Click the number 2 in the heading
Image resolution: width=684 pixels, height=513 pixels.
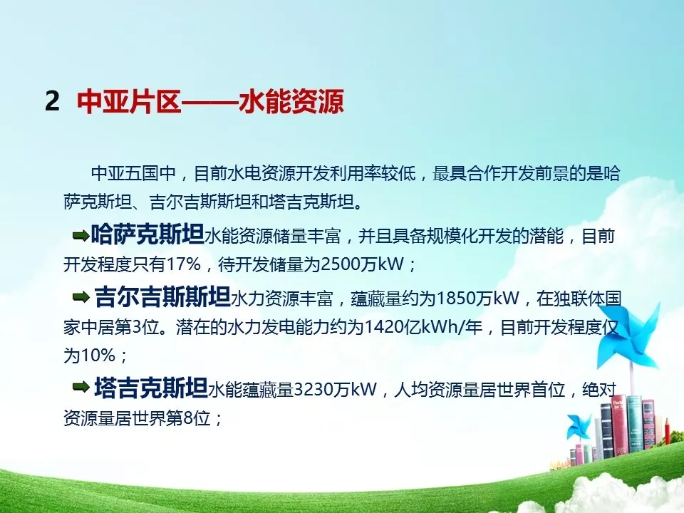pos(52,101)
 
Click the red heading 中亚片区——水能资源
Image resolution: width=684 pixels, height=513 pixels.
pos(210,101)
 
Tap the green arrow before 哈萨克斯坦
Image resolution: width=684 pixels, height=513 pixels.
pos(81,237)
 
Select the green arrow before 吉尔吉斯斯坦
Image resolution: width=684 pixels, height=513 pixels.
pos(81,298)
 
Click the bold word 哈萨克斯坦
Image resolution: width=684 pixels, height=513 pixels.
pos(147,234)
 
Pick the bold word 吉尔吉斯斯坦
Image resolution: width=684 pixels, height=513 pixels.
pos(162,296)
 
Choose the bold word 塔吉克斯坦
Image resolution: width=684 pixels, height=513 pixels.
pos(151,387)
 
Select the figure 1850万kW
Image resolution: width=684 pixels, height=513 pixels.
pos(477,299)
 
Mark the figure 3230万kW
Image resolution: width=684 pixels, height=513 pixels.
pos(335,389)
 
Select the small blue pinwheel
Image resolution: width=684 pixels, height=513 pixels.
pos(579,427)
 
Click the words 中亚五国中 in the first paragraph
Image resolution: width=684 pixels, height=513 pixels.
pos(133,173)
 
